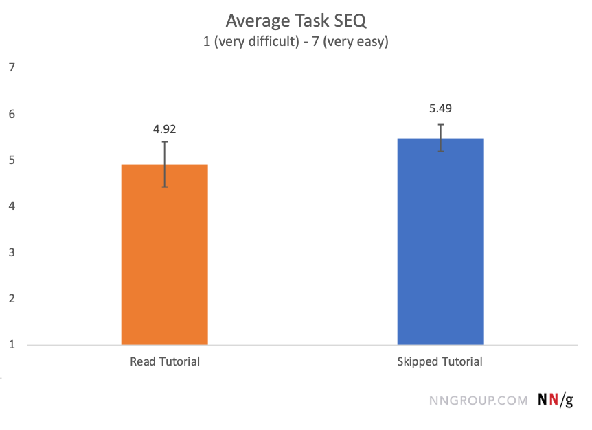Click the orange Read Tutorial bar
click(165, 261)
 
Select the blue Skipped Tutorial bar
click(440, 247)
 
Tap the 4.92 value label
click(165, 128)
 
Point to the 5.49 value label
click(440, 108)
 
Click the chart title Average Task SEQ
click(296, 23)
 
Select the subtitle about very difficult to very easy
click(296, 42)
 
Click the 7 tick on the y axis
click(12, 67)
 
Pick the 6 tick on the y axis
click(12, 114)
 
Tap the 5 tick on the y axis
click(12, 160)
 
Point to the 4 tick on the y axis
click(12, 206)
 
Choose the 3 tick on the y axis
click(12, 252)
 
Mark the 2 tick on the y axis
click(12, 299)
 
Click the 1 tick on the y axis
click(12, 345)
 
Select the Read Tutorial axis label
click(165, 361)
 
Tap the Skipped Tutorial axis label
click(440, 361)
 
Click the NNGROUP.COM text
click(478, 401)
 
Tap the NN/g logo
click(556, 401)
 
